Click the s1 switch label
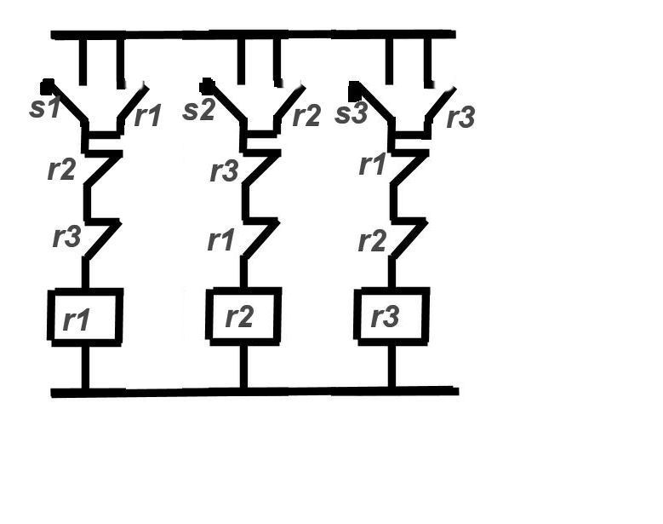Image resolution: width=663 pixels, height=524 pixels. click(x=45, y=107)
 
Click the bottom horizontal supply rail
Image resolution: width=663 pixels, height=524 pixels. click(x=254, y=392)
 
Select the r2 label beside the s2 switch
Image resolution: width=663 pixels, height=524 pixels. click(x=306, y=115)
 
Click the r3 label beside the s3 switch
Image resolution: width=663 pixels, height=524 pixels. click(x=461, y=116)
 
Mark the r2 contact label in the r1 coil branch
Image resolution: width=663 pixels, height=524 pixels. click(x=62, y=170)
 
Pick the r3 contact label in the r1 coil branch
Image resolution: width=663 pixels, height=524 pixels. click(x=66, y=237)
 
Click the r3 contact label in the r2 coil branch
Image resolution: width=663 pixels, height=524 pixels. click(x=224, y=171)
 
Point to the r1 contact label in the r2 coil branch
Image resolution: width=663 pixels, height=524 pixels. click(x=220, y=239)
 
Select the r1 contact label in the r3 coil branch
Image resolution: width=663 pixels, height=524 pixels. click(x=372, y=164)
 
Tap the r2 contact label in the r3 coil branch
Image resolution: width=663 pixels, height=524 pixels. click(x=372, y=241)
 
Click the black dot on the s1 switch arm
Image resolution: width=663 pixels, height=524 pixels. click(x=47, y=86)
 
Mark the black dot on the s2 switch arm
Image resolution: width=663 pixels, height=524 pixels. click(x=206, y=86)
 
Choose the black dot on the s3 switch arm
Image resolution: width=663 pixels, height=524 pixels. click(x=354, y=89)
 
